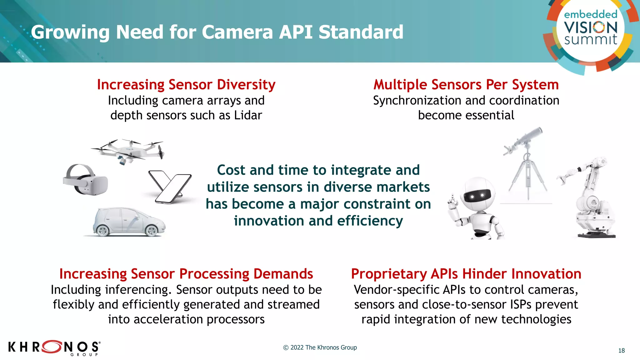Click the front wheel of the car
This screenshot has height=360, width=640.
pos(152,231)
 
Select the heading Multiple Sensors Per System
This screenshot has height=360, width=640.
pos(466,85)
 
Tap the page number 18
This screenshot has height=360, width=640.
pos(621,351)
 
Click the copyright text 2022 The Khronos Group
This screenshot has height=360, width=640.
pos(320,347)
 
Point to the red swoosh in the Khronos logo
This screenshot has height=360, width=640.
pos(52,346)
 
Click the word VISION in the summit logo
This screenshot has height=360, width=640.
pos(591,27)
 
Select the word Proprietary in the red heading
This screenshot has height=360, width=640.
pos(389,274)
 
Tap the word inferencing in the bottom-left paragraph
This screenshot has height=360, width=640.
pos(138,290)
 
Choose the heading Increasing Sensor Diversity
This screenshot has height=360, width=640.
pos(186,85)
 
